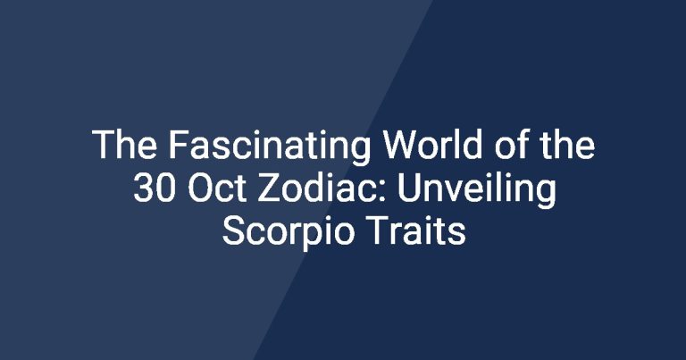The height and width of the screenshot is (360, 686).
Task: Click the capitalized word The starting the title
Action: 125,145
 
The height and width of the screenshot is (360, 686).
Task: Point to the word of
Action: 512,145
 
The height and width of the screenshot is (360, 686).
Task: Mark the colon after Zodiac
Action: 383,191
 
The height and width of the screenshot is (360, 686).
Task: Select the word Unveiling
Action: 477,190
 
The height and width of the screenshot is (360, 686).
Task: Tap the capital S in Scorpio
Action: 233,230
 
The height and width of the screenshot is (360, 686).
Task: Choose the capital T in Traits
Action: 378,230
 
